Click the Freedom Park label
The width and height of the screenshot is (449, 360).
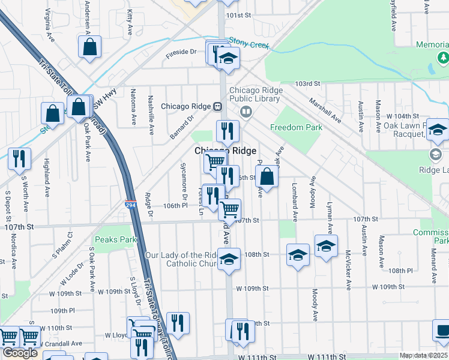296,127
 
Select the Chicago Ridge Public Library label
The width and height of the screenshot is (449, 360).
256,95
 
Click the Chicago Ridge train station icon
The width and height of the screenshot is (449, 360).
218,106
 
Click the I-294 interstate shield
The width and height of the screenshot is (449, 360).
131,205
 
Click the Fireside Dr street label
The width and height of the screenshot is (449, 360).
181,52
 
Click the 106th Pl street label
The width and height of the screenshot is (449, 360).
176,205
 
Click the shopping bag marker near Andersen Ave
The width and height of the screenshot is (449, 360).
89,47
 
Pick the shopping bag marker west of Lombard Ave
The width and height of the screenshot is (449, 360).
267,177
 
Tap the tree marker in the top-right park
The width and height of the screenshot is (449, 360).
443,58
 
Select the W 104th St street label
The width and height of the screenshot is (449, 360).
402,115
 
